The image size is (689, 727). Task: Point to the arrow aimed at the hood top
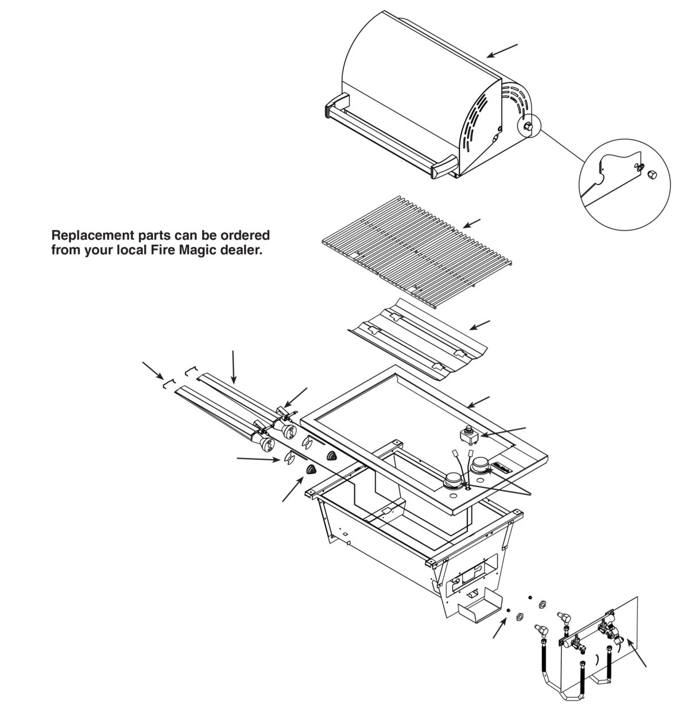click(x=502, y=50)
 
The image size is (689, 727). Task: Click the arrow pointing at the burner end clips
click(x=152, y=370)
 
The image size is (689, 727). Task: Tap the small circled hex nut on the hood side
click(x=528, y=127)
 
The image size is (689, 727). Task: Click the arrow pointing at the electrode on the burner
click(x=298, y=397)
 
